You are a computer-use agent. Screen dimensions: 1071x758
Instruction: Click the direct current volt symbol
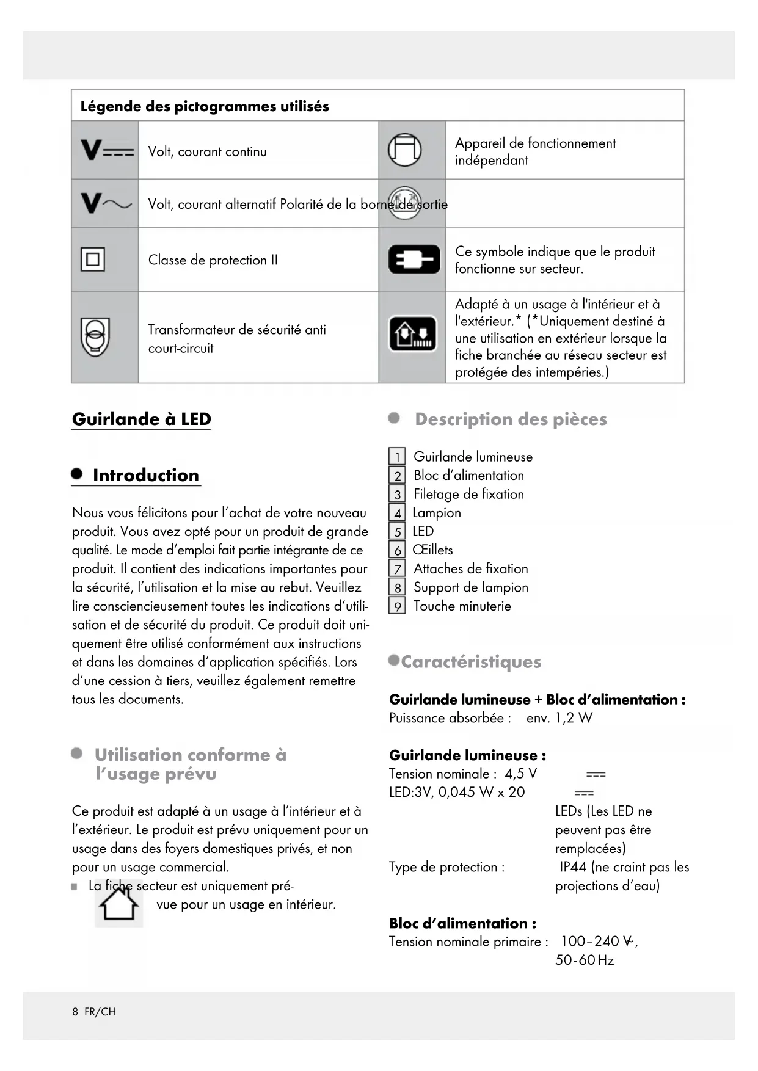(x=106, y=150)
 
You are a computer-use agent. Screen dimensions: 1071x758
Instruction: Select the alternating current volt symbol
(x=106, y=203)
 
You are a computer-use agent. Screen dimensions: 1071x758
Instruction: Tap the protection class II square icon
(x=93, y=260)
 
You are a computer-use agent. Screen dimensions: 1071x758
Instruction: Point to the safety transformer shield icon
(x=95, y=337)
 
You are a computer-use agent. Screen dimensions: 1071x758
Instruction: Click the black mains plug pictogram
(x=414, y=260)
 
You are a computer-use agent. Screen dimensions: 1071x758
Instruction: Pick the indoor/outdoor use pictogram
(x=414, y=334)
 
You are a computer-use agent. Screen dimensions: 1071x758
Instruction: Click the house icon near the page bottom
(x=119, y=903)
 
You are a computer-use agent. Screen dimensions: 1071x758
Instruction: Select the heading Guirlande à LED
(x=141, y=419)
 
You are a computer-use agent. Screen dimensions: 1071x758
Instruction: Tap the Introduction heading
(x=145, y=475)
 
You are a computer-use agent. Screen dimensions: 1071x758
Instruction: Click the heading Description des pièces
(x=511, y=419)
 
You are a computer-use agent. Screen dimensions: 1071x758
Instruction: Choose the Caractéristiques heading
(x=471, y=662)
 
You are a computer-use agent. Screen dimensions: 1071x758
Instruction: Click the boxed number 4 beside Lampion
(x=397, y=513)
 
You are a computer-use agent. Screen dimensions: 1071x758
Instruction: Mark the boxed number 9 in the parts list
(x=397, y=606)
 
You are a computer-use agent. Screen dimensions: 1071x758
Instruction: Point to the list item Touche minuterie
(x=462, y=606)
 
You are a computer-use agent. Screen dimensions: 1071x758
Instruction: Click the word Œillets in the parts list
(x=433, y=550)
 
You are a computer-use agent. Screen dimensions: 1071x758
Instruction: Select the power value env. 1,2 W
(x=559, y=718)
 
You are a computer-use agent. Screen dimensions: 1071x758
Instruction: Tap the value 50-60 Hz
(x=585, y=960)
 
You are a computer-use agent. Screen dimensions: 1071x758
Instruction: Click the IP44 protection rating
(x=573, y=867)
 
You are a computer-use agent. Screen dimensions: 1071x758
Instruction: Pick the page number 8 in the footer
(x=75, y=1012)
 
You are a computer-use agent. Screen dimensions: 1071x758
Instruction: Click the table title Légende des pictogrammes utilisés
(x=205, y=106)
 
